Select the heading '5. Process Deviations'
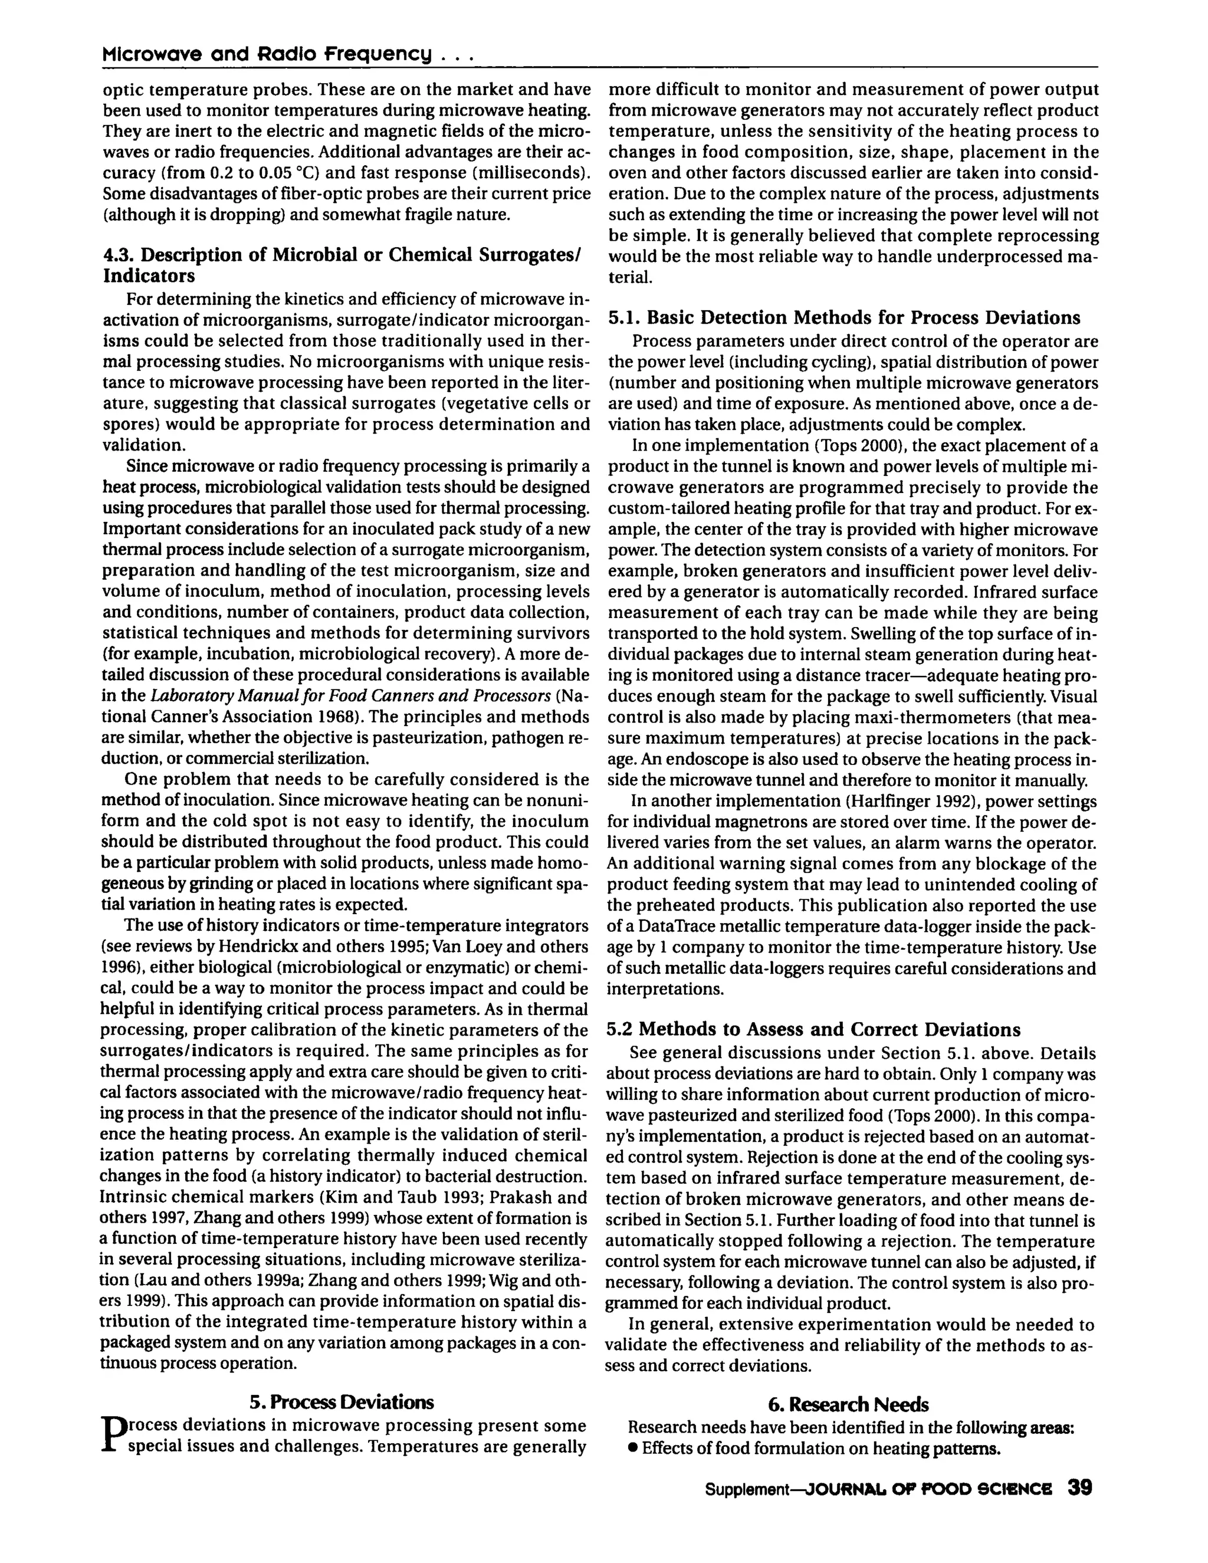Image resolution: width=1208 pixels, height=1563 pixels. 342,1402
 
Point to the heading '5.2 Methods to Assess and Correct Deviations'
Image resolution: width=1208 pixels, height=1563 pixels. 813,1029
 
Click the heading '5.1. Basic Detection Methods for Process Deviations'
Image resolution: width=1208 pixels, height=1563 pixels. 845,317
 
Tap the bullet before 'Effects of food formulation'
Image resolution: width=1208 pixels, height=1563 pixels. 633,1449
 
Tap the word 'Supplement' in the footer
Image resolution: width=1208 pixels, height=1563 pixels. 746,1490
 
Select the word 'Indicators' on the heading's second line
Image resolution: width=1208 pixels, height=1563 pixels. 149,276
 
